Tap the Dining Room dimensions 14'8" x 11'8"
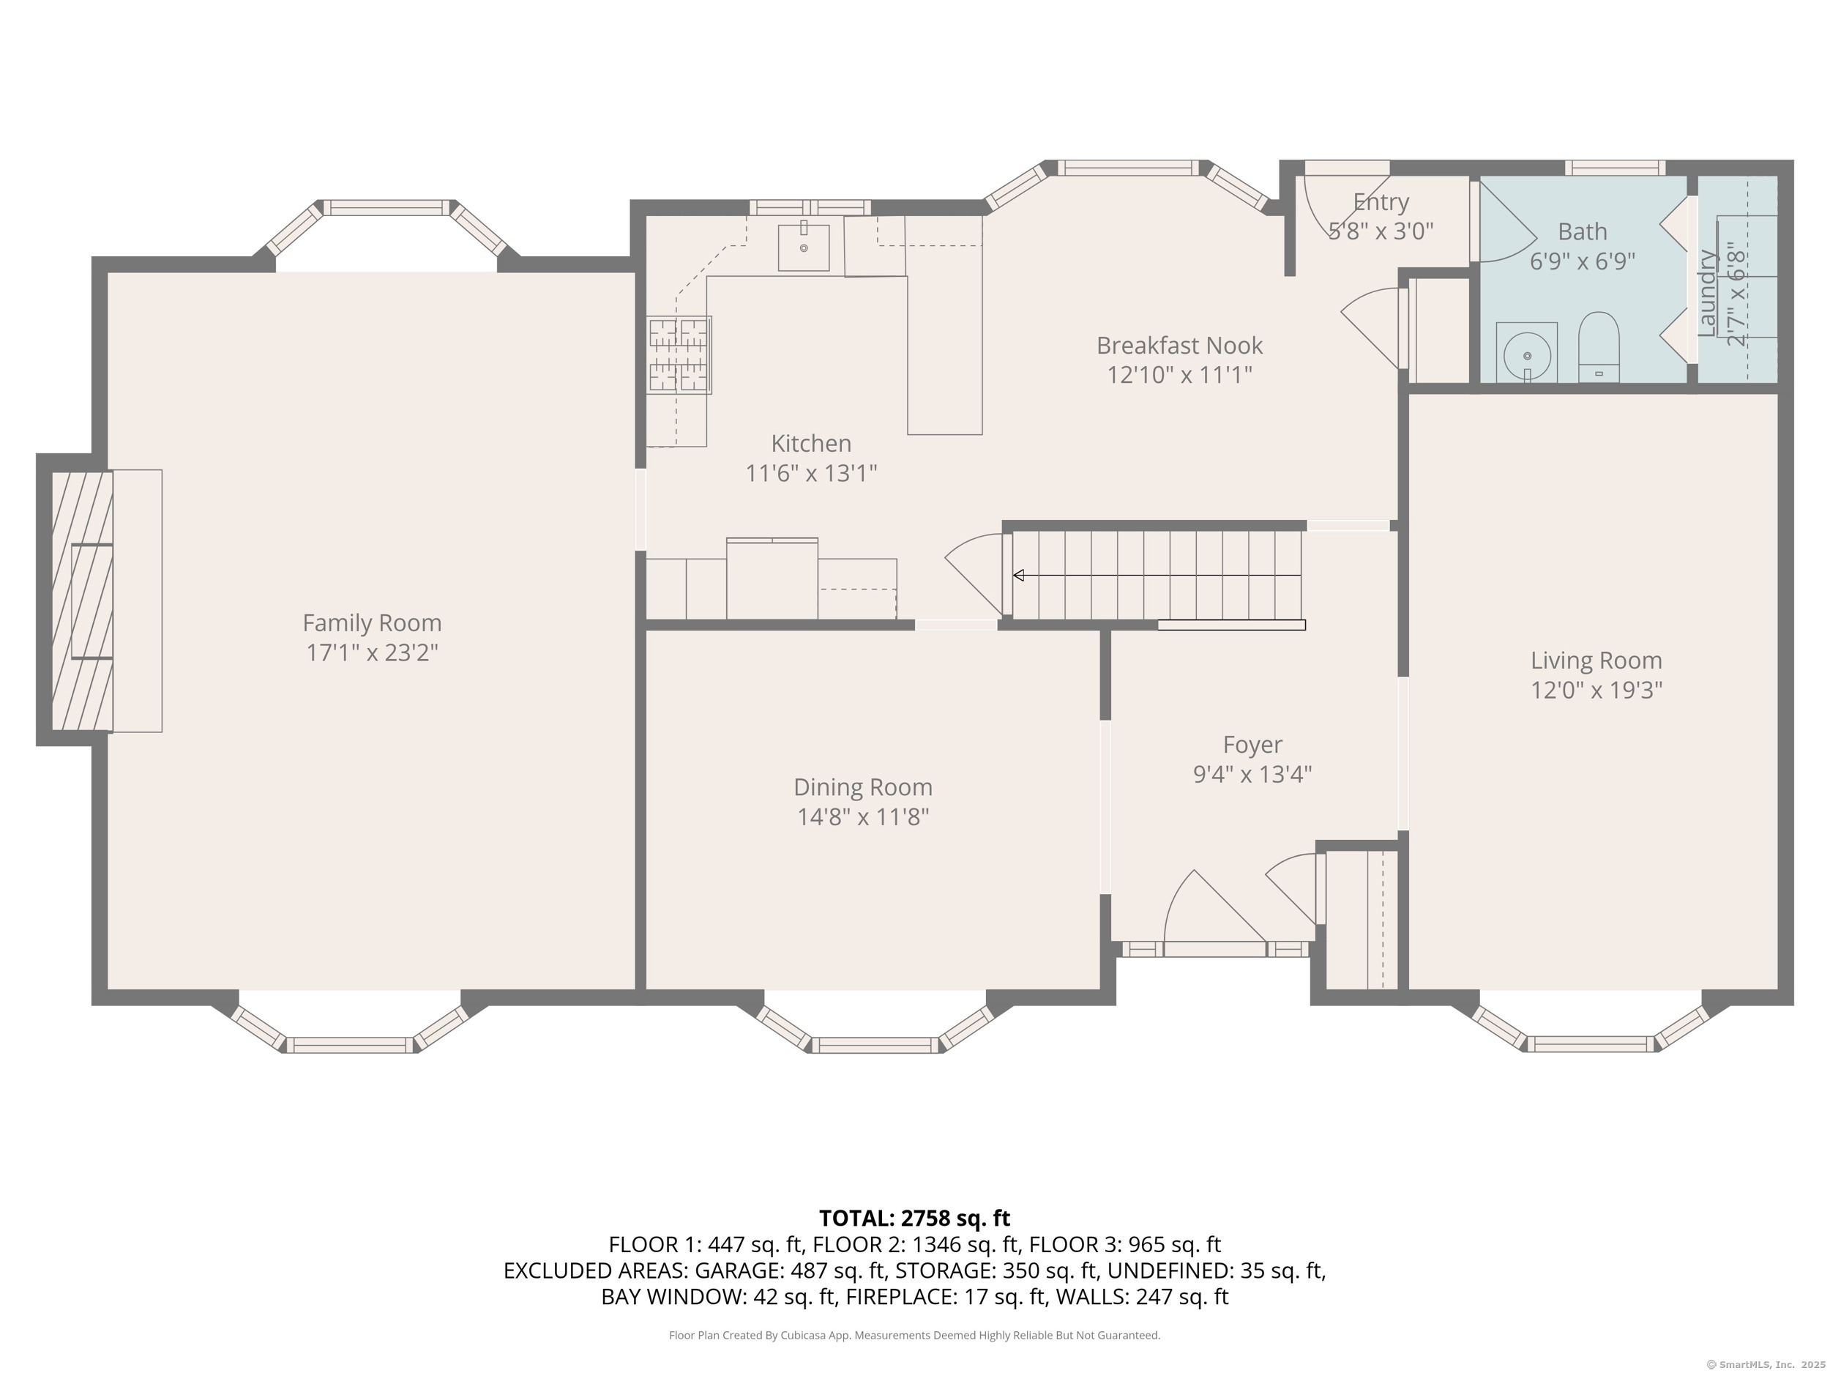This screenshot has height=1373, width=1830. [863, 817]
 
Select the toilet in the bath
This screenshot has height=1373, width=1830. [1599, 346]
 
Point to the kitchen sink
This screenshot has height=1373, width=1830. [803, 246]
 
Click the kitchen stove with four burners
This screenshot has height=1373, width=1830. [679, 354]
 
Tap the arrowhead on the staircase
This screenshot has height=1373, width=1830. [1018, 575]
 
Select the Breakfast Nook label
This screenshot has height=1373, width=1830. [1180, 345]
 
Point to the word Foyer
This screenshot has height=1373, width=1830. [1252, 745]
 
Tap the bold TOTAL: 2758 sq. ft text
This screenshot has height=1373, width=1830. [914, 1218]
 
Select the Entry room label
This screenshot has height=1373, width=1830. [1381, 202]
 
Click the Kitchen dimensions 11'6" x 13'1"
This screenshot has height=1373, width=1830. [811, 472]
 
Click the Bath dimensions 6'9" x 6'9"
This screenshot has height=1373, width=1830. [1582, 261]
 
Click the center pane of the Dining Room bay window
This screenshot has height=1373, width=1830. [875, 1045]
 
